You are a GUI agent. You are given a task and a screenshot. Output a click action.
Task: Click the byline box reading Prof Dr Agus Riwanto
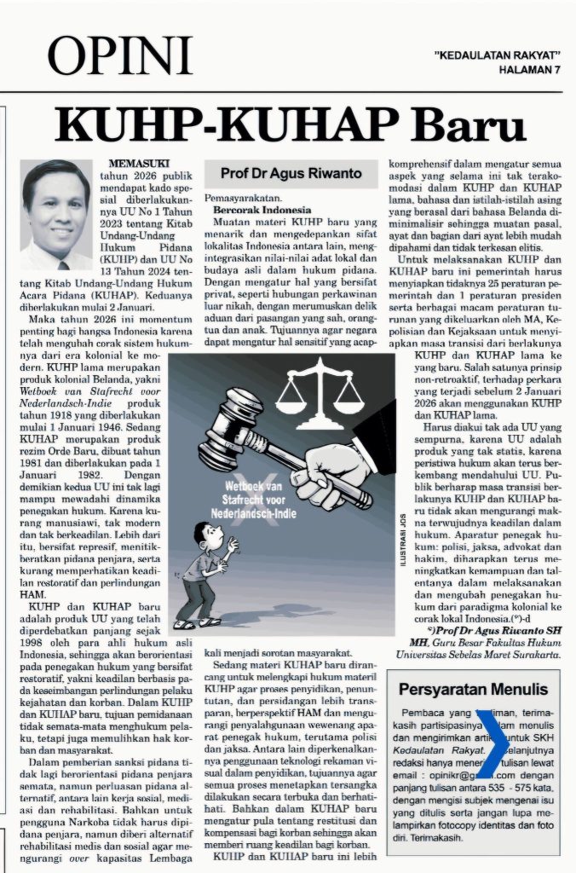[x=291, y=173]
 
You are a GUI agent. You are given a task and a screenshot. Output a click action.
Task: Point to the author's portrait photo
[x=55, y=214]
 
